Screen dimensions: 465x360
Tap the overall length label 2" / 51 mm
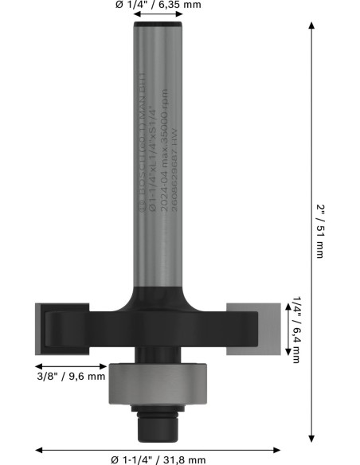coord(319,231)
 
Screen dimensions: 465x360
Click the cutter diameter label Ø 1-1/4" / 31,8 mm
coord(158,459)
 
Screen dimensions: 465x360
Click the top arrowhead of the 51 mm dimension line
coord(310,26)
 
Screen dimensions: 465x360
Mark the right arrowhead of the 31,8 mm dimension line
coord(278,448)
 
